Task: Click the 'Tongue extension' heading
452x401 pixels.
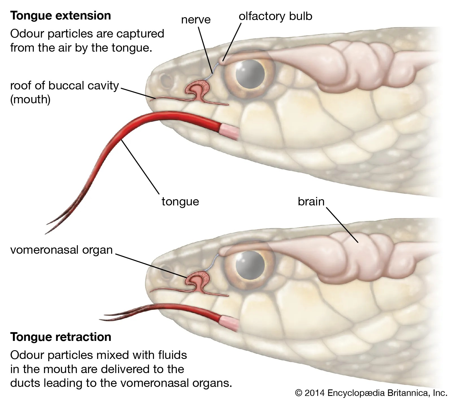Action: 60,16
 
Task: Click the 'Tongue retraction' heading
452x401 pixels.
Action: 61,337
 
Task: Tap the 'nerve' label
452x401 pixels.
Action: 196,20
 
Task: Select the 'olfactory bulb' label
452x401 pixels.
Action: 275,16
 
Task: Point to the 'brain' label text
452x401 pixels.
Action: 311,201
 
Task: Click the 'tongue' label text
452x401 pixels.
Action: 180,201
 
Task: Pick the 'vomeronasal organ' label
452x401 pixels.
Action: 61,250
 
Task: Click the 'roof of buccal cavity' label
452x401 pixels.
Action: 64,86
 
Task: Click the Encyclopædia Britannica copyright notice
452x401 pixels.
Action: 371,393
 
